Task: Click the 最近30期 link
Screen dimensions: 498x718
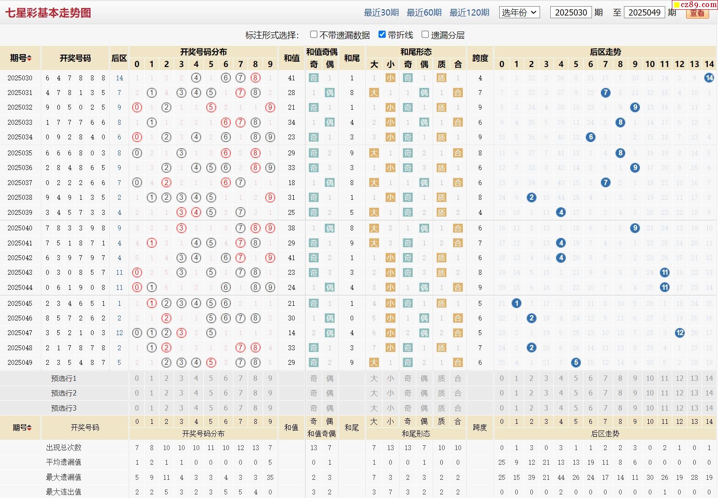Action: click(381, 12)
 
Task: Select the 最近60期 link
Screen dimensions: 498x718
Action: click(424, 12)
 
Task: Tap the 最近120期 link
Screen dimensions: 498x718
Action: click(469, 12)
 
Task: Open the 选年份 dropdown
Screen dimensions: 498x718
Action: click(519, 12)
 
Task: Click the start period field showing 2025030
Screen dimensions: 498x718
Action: click(571, 12)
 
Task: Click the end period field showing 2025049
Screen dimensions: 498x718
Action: click(644, 12)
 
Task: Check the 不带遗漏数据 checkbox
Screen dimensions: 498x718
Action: click(314, 34)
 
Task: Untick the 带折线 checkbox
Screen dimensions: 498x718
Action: click(382, 34)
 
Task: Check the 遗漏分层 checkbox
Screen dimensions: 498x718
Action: click(425, 34)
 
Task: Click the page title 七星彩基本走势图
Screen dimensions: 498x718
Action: click(48, 13)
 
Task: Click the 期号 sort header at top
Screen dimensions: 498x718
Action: click(20, 58)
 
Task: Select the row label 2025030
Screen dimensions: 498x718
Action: click(20, 78)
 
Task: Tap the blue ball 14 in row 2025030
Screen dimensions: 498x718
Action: click(709, 78)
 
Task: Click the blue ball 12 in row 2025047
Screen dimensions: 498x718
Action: click(679, 332)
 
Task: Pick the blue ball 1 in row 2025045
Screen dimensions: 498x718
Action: click(516, 303)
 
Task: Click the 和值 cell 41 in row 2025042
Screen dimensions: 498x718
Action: click(291, 257)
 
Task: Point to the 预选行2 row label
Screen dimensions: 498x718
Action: click(63, 393)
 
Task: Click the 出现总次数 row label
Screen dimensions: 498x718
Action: click(63, 447)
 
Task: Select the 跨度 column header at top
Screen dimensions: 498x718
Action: click(480, 58)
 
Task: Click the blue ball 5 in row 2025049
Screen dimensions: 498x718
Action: click(576, 362)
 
